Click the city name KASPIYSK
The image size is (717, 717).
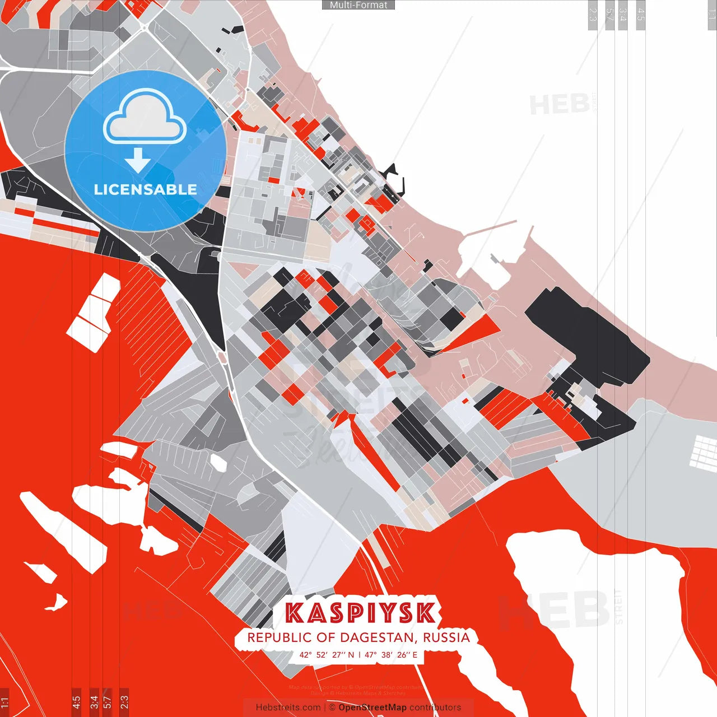360,612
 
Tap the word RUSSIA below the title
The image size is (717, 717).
446,637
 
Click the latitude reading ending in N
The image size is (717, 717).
327,654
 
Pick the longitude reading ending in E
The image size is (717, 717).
391,654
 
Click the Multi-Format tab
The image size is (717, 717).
358,5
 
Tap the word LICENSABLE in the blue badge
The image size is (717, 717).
146,189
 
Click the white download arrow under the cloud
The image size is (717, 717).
138,160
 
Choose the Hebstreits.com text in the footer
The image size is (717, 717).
288,707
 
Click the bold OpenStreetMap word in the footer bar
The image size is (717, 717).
373,707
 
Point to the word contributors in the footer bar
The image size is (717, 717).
435,707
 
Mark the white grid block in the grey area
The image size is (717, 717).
704,451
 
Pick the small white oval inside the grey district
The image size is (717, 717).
218,463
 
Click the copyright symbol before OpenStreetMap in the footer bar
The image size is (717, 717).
332,707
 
